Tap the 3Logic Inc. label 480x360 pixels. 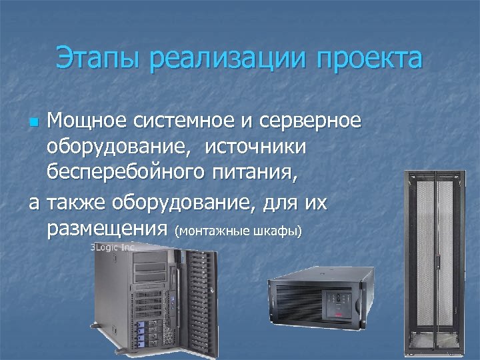(x=114, y=246)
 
